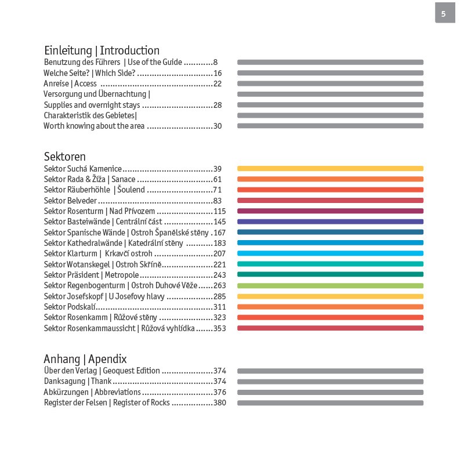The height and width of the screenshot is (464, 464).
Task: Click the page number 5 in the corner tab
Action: pos(444,14)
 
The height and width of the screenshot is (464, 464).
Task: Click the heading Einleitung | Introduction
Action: pos(101,50)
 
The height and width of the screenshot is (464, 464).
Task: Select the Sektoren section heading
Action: pos(65,157)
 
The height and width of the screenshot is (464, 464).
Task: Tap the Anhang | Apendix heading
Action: pos(85,358)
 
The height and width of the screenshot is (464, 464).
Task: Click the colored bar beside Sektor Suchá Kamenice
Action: pos(330,169)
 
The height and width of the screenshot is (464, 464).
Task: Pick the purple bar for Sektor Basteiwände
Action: pos(330,222)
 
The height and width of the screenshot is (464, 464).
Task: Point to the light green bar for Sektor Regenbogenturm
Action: pos(330,286)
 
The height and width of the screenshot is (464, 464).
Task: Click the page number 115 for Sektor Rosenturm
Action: pos(219,211)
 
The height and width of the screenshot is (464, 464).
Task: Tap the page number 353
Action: pos(219,328)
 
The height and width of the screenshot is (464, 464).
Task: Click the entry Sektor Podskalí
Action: pos(70,307)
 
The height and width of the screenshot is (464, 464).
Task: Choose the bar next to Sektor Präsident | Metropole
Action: pos(330,275)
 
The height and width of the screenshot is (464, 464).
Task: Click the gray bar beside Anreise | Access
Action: pos(330,84)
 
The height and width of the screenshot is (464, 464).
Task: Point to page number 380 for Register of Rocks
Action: pos(219,403)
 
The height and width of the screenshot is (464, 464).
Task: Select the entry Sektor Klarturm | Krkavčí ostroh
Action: pos(98,253)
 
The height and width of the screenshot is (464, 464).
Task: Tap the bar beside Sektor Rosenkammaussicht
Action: pos(330,328)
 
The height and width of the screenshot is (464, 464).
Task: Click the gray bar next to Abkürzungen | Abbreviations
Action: pos(330,392)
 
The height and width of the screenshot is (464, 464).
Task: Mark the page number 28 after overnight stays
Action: pos(217,105)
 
